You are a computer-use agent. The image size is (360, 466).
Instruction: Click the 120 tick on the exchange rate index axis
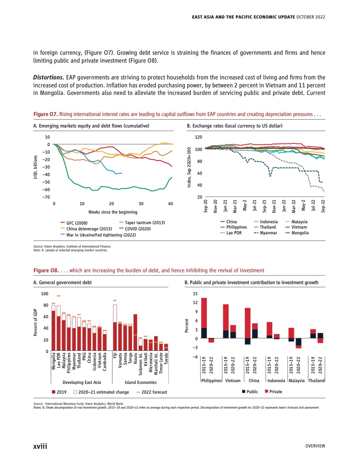pos(199,137)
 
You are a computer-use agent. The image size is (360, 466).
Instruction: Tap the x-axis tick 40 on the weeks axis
pos(171,204)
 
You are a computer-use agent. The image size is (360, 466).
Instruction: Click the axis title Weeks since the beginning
pos(112,212)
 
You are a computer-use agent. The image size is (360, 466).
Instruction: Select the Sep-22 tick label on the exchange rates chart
pos(324,206)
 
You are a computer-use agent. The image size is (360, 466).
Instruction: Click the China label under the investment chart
pos(254,380)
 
